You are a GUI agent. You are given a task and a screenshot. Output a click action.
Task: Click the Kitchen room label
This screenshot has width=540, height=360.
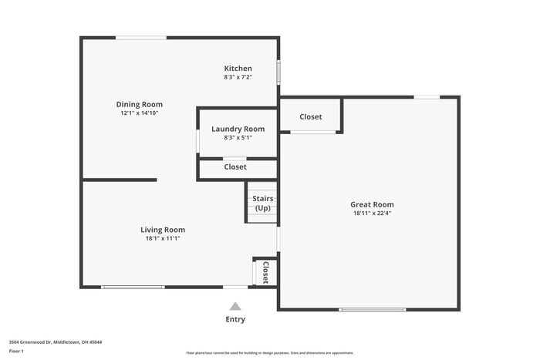coord(238,69)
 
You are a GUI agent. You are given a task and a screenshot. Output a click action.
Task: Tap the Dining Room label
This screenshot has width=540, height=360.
coord(139,104)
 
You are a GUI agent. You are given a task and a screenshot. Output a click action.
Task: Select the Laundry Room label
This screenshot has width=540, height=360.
coord(238,129)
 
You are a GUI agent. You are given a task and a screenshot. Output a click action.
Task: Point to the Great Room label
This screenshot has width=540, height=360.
coord(372,204)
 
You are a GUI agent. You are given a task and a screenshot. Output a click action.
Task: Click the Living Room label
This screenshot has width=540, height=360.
coord(162,229)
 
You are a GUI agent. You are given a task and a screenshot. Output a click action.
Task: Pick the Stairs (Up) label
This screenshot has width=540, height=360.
coord(262,204)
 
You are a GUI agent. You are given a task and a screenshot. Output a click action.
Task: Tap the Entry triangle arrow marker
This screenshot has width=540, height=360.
coord(235,306)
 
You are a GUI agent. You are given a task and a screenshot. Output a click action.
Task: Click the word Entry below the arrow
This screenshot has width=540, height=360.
coord(235,319)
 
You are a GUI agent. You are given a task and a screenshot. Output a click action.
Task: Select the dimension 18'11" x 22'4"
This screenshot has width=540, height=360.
coord(372,214)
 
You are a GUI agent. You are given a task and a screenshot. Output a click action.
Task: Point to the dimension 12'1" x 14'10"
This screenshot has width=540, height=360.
coord(139,113)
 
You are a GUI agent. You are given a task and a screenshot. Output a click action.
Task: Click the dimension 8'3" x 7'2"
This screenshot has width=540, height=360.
coord(238,77)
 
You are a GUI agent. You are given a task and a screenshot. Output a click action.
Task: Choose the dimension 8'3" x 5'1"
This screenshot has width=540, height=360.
coord(238,138)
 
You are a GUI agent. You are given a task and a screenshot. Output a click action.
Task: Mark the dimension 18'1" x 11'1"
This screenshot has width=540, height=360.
coord(162,238)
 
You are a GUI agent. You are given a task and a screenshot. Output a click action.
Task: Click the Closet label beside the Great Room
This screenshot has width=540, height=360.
coord(311,116)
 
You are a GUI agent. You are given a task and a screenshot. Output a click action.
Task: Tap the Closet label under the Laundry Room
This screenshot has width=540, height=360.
coord(235,167)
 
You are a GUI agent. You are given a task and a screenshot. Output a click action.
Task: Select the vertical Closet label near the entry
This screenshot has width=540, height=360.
coord(265,272)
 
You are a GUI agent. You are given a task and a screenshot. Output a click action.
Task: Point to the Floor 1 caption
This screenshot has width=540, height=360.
coord(16,351)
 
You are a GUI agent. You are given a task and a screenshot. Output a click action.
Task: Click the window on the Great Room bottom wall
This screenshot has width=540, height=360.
coord(373,309)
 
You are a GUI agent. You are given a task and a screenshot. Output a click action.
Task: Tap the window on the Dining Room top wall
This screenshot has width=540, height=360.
coord(140,37)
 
